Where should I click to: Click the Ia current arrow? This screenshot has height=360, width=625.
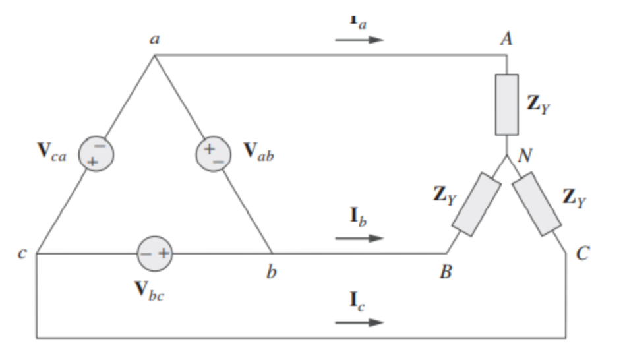pos(359,40)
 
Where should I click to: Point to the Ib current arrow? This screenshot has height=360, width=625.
pos(359,238)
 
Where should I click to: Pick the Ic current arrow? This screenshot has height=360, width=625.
pos(359,322)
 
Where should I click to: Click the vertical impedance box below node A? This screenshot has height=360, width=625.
pos(506,105)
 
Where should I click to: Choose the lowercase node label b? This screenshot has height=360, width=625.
pos(271,272)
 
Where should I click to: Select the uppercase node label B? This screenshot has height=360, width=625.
pos(446,272)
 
